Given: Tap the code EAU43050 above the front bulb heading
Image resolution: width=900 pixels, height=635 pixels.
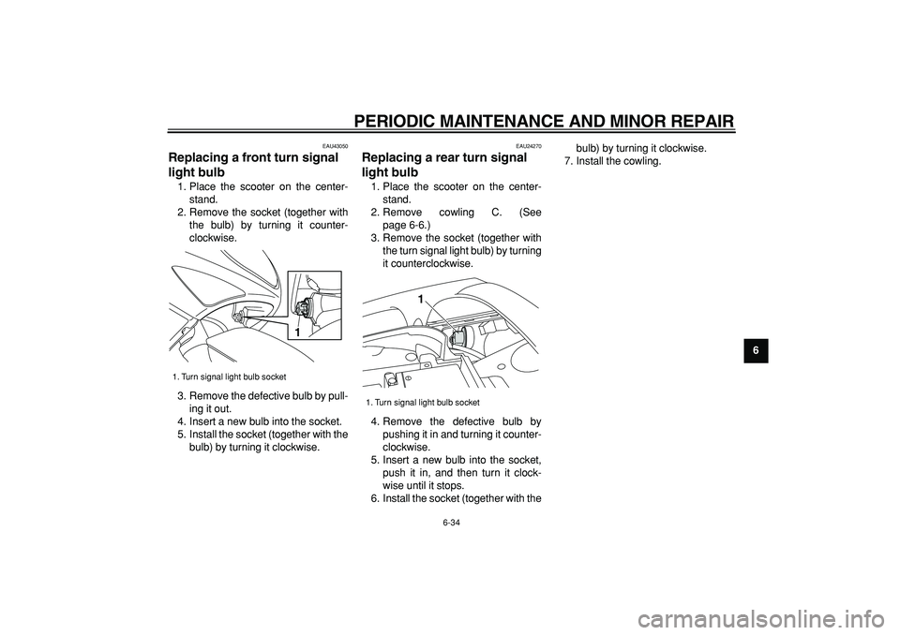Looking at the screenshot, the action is pyautogui.click(x=335, y=146).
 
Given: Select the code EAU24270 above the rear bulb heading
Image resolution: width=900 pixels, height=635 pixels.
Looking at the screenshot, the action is pyautogui.click(x=529, y=146).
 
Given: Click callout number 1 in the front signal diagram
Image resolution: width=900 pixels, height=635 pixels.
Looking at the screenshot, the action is pyautogui.click(x=295, y=333).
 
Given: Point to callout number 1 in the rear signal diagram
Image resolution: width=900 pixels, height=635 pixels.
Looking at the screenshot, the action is pyautogui.click(x=421, y=299).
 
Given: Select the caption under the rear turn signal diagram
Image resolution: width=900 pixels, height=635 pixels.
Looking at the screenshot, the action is pyautogui.click(x=423, y=402).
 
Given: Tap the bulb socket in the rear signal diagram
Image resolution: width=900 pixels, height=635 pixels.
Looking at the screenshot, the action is pyautogui.click(x=459, y=339).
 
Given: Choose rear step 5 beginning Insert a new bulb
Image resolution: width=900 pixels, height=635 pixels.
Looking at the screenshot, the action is pyautogui.click(x=456, y=472).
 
